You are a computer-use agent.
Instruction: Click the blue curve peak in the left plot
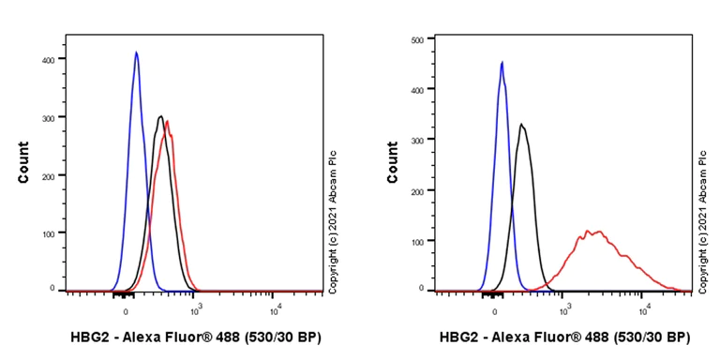click(x=136, y=52)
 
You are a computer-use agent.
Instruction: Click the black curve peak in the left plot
click(x=161, y=117)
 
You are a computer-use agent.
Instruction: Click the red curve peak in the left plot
click(x=167, y=121)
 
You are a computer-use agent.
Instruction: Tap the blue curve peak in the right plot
click(x=502, y=63)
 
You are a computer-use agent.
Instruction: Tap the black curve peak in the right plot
click(x=521, y=124)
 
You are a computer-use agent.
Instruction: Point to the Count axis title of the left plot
click(x=23, y=161)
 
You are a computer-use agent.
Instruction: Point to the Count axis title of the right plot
click(x=393, y=161)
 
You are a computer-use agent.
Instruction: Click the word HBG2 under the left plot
click(x=89, y=337)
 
